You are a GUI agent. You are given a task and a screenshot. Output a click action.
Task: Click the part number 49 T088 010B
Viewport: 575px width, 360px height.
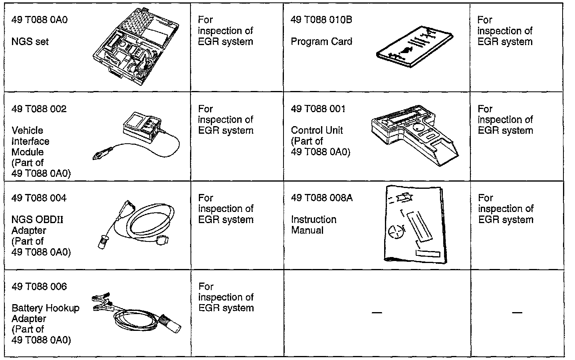pos(321,20)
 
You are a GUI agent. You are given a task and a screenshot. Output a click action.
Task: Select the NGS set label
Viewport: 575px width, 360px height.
pos(30,42)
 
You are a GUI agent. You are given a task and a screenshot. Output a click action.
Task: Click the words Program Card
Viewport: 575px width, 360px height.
pos(321,42)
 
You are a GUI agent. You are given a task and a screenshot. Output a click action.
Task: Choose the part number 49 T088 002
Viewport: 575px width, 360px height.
pos(39,109)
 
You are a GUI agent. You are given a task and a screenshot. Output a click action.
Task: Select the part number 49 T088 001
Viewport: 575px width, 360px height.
pos(318,109)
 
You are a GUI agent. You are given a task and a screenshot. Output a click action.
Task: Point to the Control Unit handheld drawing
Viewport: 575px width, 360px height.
pos(414,134)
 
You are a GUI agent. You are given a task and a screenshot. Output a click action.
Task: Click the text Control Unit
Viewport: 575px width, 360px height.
pos(317,131)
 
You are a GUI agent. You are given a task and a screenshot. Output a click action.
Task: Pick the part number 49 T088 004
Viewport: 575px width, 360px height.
pos(39,198)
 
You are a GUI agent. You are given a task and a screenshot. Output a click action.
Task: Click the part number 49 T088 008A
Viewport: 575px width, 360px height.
pos(322,198)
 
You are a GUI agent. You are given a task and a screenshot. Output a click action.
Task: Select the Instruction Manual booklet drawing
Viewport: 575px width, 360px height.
pos(414,224)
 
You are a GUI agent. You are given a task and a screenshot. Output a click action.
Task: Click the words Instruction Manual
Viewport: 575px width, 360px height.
pos(313,225)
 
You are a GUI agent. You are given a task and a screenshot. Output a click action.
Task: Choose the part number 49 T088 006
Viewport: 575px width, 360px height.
pos(39,287)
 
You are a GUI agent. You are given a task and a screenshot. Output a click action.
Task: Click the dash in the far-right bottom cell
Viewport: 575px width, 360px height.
pos(517,312)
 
